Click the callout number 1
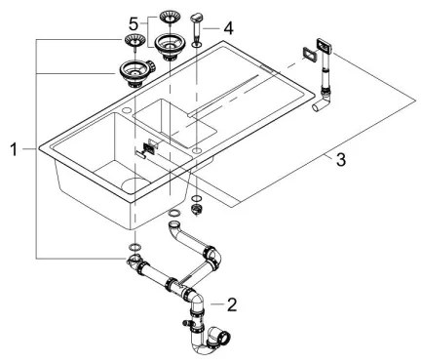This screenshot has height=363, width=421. tap(14, 150)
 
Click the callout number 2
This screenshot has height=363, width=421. tap(231, 305)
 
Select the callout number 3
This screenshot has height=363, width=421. tap(341, 160)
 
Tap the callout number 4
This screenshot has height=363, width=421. tap(228, 28)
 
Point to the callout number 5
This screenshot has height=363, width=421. tap(134, 23)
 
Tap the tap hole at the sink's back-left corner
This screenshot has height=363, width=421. tap(126, 110)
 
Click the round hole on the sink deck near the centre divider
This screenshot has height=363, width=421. tap(197, 150)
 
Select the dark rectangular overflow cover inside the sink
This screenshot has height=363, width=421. tap(148, 148)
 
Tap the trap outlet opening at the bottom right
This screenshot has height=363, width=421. tap(223, 339)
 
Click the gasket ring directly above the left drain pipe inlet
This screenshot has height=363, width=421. tap(134, 246)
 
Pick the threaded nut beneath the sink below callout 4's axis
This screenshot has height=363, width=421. tap(196, 209)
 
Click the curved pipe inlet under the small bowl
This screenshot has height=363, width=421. tap(174, 224)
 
